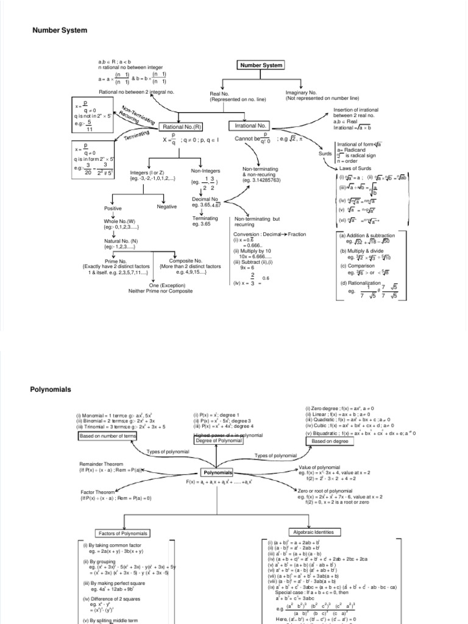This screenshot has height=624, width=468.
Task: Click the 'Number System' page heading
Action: tap(59, 30)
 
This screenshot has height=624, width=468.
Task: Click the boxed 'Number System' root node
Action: tap(261, 65)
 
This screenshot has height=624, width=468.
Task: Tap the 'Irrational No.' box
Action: tap(250, 126)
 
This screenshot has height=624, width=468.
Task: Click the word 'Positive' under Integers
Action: tap(113, 207)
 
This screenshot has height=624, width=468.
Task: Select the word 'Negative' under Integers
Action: tap(166, 207)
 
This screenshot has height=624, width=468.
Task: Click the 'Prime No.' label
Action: tap(115, 261)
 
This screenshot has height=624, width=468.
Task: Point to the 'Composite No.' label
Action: tap(190, 261)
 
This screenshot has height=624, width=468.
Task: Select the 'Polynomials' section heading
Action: tap(51, 389)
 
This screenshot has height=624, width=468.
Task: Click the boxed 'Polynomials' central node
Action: tap(217, 472)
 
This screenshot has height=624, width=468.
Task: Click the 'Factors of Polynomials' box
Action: tap(123, 533)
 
